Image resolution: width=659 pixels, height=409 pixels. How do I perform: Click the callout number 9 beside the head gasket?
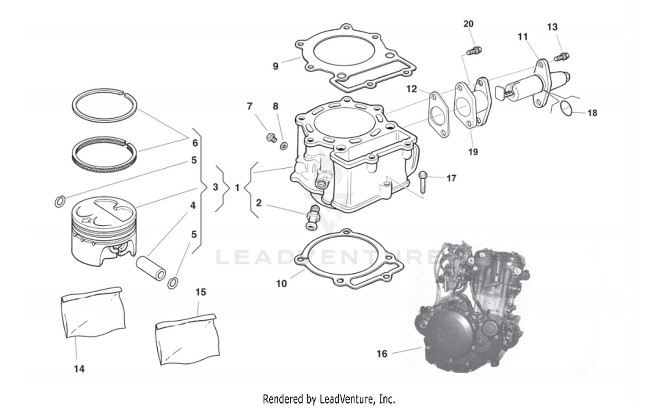[x=275, y=66]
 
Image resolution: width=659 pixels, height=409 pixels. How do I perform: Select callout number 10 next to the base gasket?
[x=281, y=284]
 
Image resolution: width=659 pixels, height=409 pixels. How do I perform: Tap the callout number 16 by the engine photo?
[x=382, y=354]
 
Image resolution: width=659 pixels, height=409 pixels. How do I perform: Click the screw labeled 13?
[x=562, y=57]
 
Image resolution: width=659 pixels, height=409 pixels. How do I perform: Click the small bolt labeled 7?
[x=270, y=138]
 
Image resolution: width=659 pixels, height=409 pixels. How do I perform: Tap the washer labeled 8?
[x=284, y=145]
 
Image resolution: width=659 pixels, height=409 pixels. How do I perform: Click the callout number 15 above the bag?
[x=200, y=292]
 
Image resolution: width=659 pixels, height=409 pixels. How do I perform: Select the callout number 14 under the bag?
[x=79, y=369]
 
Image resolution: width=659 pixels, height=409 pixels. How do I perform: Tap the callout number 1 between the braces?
[x=237, y=188]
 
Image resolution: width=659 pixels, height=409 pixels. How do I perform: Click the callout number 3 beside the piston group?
[x=215, y=187]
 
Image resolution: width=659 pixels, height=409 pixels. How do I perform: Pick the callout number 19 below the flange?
[x=473, y=152]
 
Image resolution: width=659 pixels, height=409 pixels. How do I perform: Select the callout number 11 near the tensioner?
[x=522, y=36]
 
